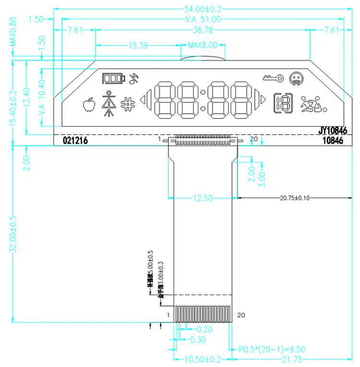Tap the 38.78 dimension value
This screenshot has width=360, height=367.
click(203, 30)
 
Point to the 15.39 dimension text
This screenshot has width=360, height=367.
click(137, 46)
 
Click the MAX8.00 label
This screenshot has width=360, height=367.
click(202, 46)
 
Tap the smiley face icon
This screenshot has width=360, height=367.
click(296, 77)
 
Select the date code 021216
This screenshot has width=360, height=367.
click(75, 141)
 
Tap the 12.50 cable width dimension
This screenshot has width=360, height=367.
click(202, 197)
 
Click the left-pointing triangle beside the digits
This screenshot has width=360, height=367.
click(143, 100)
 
